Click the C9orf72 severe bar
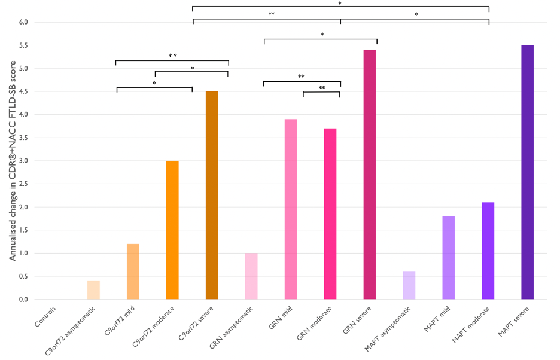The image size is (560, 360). tap(212, 195)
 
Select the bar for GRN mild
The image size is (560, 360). tap(291, 209)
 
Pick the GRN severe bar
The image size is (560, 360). tap(370, 174)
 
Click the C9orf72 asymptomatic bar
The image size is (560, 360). tap(93, 290)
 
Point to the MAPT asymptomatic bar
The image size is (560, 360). tap(409, 285)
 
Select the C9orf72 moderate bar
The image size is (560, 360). tap(172, 230)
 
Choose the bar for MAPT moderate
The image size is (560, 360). tap(488, 251)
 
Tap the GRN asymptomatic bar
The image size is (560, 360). tap(251, 276)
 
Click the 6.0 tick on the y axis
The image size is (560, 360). tap(23, 22)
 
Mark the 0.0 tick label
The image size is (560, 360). tap(23, 300)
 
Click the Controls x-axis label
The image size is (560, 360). tap(45, 316)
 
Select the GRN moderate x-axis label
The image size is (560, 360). tap(315, 325)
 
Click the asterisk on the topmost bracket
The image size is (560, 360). tap(340, 4)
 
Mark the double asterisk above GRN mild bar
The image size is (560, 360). tap(301, 77)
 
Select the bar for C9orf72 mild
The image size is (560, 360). tap(133, 271)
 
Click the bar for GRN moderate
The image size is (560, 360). tap(330, 213)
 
